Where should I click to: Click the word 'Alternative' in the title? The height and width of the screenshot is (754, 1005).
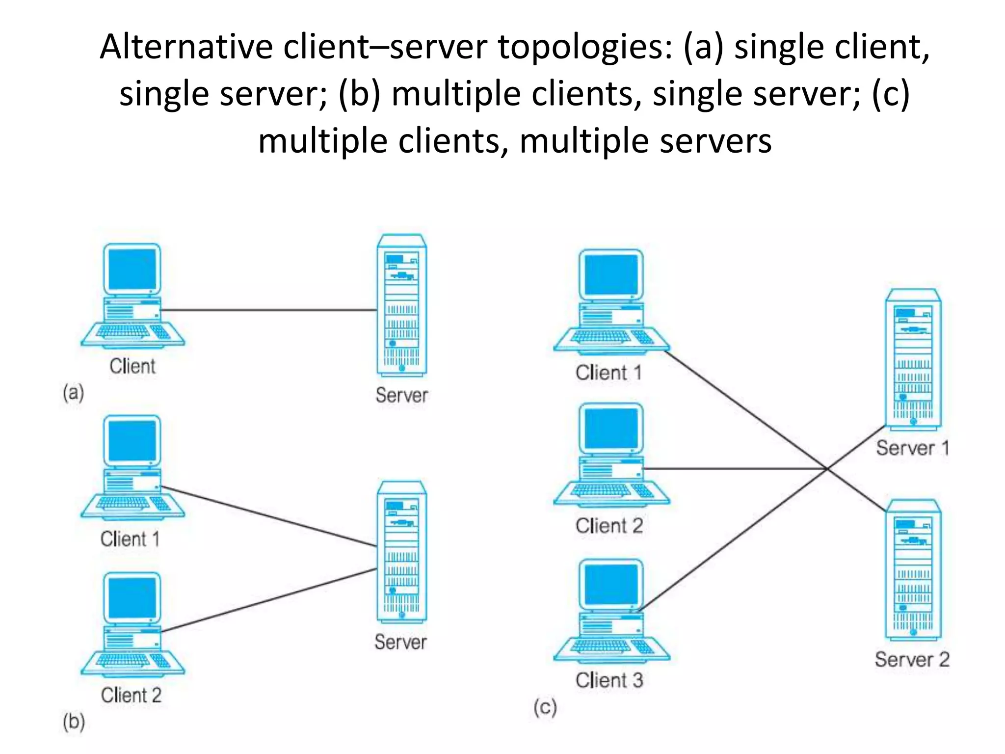pos(186,48)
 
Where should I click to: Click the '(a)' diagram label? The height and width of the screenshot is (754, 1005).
pos(74,393)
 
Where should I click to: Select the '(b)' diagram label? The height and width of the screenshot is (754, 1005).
pos(74,722)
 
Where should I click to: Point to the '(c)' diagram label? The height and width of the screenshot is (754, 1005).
pos(545,707)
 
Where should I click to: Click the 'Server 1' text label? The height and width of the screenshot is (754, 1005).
pos(912,448)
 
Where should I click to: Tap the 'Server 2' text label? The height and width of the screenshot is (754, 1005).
pos(912,659)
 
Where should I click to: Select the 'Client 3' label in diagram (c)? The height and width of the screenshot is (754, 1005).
pos(609,680)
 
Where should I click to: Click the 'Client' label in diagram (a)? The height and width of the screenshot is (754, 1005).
pos(132,366)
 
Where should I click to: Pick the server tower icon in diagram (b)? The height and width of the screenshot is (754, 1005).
pos(402,552)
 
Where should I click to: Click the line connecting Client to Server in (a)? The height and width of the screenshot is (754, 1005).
pos(269,310)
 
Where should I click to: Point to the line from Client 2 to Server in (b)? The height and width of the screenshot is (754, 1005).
pos(269,600)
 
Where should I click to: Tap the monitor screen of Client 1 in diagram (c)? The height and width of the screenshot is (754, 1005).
pos(611,275)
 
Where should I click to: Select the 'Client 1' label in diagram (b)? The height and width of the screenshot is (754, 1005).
pos(130,539)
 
